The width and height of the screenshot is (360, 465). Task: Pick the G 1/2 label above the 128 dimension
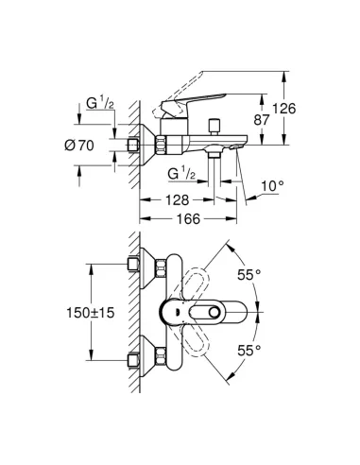[183, 174]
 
